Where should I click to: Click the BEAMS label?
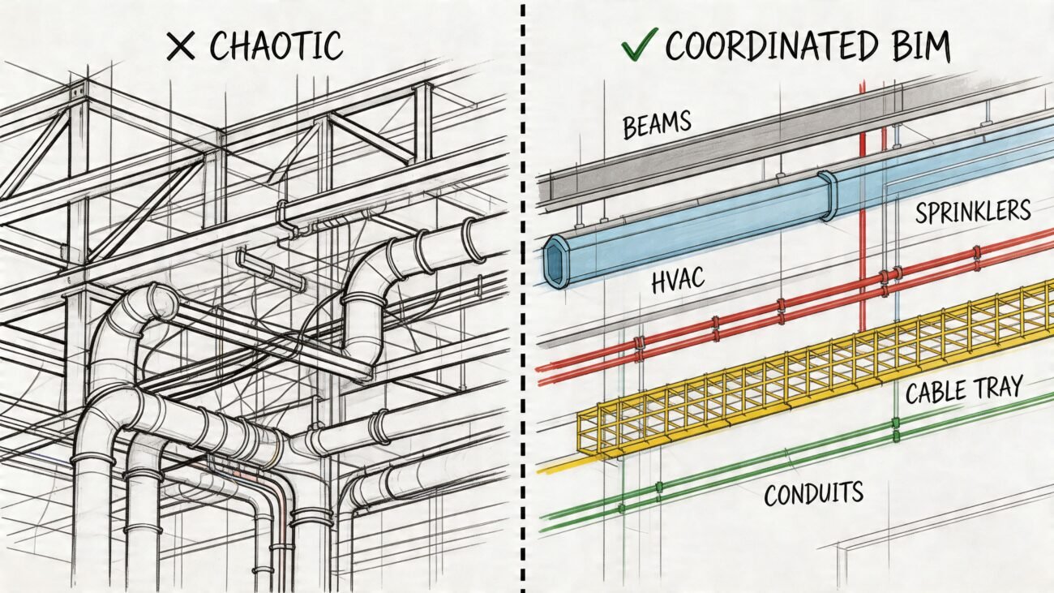pos(657,125)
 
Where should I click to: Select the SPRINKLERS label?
pos(973,213)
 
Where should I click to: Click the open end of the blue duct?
pos(557,262)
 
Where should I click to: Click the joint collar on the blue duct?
pos(829,196)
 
